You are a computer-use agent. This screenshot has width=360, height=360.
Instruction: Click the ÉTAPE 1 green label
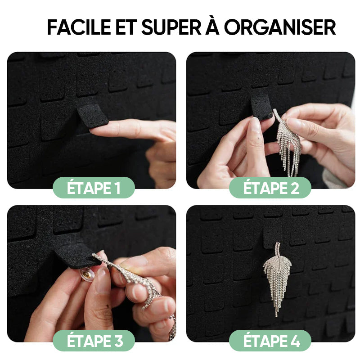pos(94,188)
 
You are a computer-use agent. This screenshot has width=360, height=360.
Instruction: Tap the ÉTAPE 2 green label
pos(271,188)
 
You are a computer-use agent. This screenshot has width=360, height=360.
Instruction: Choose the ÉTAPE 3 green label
pos(94,341)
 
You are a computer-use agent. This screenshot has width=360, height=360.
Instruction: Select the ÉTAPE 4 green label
pos(271,341)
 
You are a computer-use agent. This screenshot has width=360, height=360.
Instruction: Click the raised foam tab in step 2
pos(261,106)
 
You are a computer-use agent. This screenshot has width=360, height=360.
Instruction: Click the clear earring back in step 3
pos(87,273)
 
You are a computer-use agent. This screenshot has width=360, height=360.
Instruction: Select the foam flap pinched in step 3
pos(76,256)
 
